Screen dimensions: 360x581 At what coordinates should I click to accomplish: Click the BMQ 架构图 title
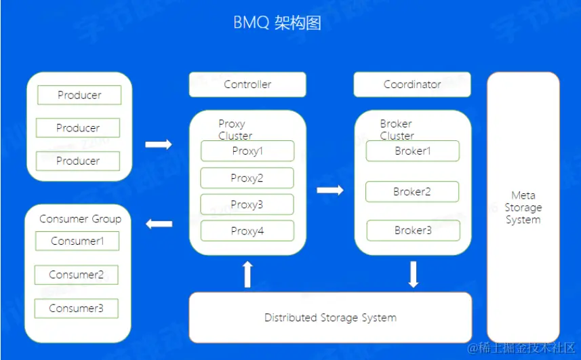277,23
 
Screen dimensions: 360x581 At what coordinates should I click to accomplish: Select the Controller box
247,85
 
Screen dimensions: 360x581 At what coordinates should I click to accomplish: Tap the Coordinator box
412,85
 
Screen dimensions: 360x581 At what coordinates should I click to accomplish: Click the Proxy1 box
247,151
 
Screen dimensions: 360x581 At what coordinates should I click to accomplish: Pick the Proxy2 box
247,178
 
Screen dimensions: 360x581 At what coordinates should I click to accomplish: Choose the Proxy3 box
247,205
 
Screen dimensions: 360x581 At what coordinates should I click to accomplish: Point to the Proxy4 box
247,231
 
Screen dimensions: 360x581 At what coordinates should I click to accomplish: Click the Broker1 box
413,151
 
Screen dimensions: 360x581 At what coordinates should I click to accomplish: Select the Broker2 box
412,192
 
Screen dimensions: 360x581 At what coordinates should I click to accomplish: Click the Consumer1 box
77,241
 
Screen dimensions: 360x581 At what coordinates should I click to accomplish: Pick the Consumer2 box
77,275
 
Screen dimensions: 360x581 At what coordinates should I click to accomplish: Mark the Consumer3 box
77,308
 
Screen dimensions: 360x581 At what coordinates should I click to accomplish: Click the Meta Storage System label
523,207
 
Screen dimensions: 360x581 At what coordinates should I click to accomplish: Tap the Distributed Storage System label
330,317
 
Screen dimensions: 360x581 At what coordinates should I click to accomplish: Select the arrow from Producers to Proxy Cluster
159,144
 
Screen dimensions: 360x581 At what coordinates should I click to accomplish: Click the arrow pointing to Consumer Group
159,224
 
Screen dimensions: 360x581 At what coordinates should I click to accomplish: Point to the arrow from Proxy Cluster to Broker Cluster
330,191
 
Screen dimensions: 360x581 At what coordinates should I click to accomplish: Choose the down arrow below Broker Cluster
414,274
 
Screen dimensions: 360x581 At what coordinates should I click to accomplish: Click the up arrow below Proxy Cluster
247,274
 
